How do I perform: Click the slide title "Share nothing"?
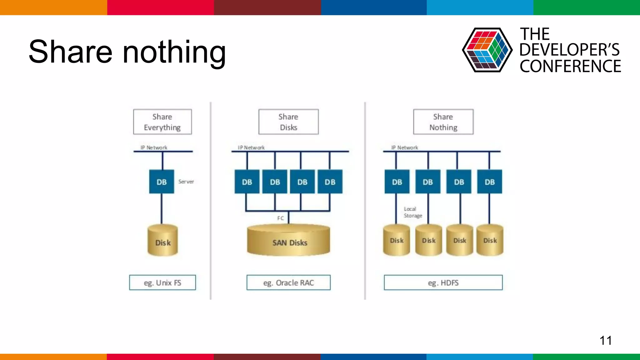(127, 52)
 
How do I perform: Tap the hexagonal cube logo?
(487, 50)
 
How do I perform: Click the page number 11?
(605, 340)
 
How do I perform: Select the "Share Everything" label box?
(162, 122)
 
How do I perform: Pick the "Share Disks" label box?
(288, 122)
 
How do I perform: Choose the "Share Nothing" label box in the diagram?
(443, 122)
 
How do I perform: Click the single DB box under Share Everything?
(162, 182)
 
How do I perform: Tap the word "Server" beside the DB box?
(186, 182)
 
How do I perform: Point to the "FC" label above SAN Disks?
(280, 218)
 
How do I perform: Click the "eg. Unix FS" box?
(162, 282)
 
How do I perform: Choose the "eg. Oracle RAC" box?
(288, 282)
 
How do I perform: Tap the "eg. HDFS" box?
(443, 282)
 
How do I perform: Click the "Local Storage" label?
(412, 212)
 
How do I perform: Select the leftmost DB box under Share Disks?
(247, 182)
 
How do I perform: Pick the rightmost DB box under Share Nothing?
(490, 182)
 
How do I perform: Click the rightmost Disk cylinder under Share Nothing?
(490, 240)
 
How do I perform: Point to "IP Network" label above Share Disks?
(251, 147)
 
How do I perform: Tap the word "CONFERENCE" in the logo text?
(570, 66)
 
